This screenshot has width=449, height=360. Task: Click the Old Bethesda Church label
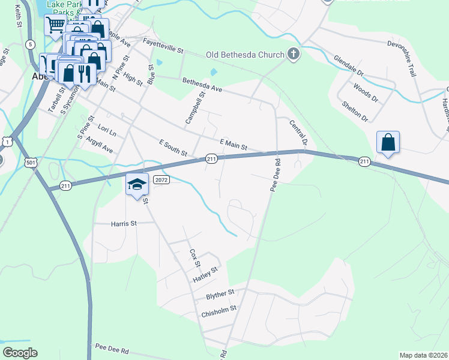pyautogui.click(x=244, y=55)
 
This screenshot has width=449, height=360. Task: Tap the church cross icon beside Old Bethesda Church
pyautogui.click(x=294, y=55)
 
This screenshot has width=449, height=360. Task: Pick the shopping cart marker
pyautogui.click(x=55, y=25)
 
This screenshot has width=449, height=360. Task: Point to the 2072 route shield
pyautogui.click(x=161, y=179)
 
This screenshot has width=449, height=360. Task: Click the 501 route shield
pyautogui.click(x=31, y=163)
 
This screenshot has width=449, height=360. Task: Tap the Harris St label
pyautogui.click(x=124, y=223)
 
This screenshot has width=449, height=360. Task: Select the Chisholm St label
pyautogui.click(x=220, y=310)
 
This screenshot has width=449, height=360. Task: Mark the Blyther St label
pyautogui.click(x=219, y=294)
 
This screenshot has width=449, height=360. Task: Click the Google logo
pyautogui.click(x=20, y=352)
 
